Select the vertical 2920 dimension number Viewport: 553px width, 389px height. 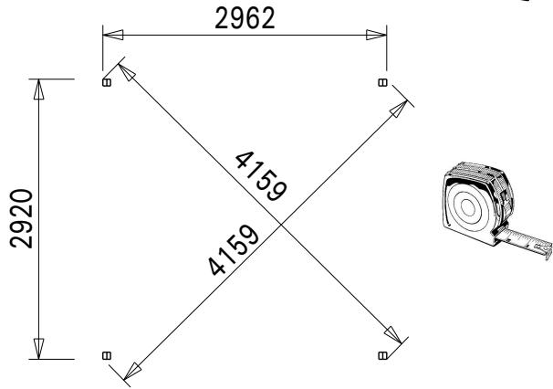tap(19, 219)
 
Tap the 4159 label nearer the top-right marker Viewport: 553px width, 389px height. tap(261, 174)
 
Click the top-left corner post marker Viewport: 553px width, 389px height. tap(106, 82)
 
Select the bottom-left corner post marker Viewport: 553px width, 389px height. tap(106, 354)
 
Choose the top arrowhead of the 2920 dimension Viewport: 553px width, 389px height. tap(38, 90)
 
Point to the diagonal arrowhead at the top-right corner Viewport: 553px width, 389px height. tap(397, 110)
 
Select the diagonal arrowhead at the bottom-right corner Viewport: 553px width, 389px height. tap(393, 337)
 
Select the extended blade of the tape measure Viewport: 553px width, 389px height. tap(525, 240)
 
